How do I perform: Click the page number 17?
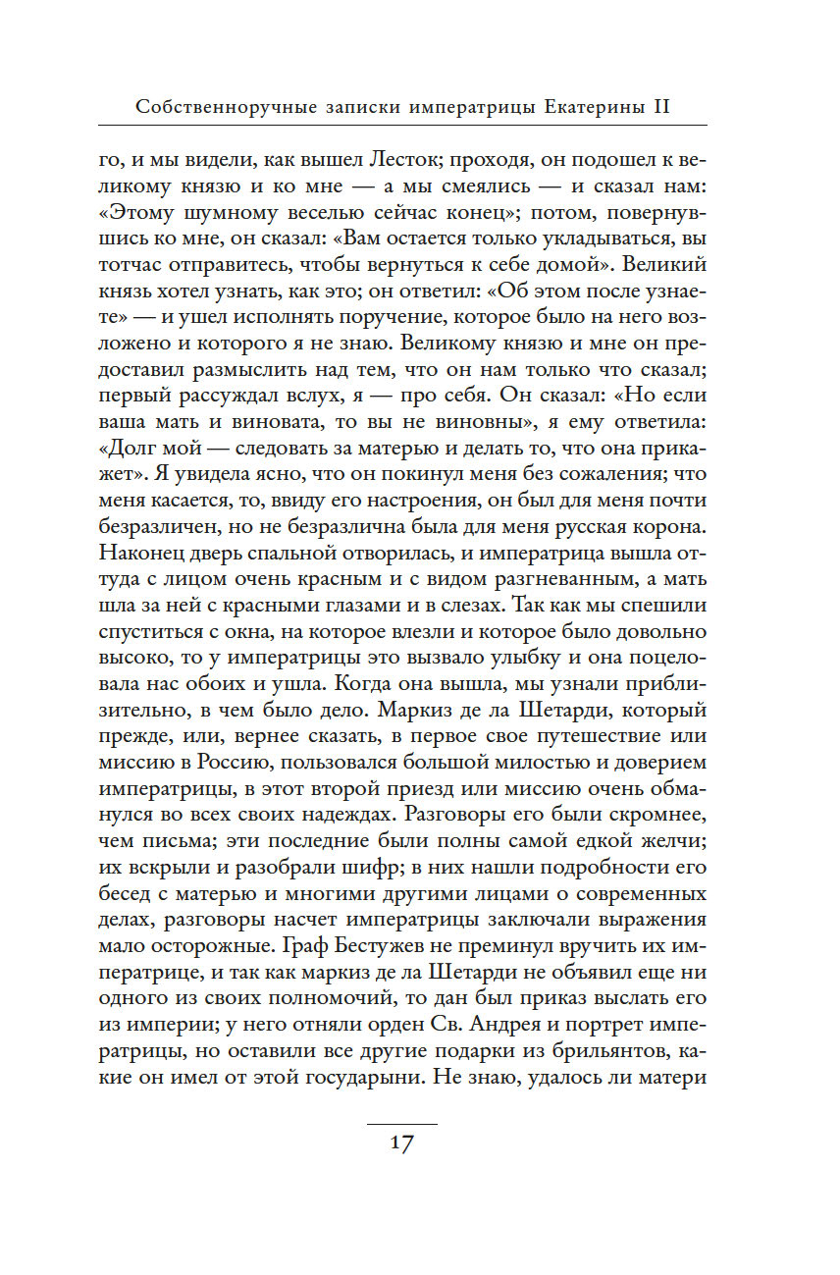click(401, 1143)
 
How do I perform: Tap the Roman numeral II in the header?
click(660, 107)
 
